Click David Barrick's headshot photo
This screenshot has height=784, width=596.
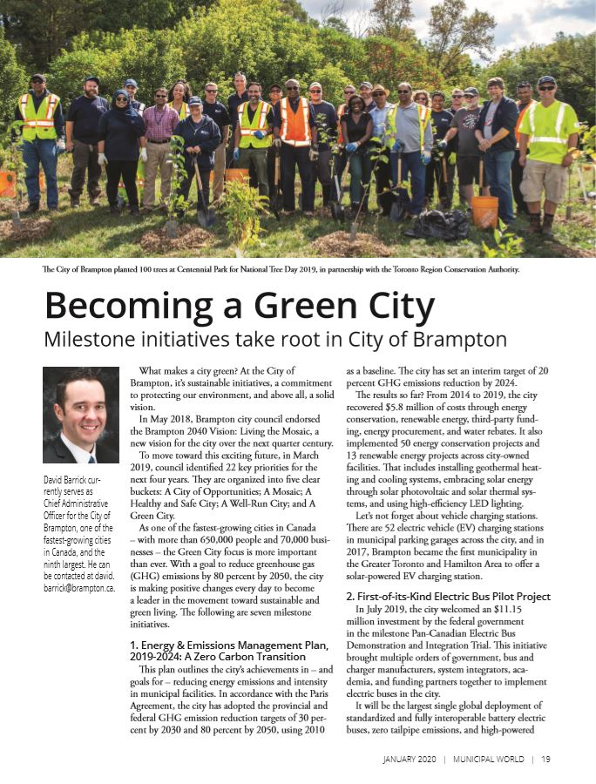click(x=80, y=414)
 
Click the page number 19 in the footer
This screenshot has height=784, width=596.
click(x=545, y=760)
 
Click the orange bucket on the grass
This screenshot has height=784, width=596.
click(x=484, y=211)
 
